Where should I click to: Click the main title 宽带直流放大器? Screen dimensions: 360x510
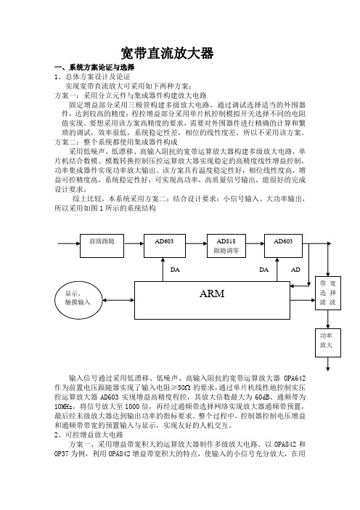[x=168, y=53]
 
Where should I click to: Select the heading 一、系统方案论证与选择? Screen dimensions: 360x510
[x=94, y=68]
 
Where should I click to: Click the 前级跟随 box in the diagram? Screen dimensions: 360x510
[x=102, y=246]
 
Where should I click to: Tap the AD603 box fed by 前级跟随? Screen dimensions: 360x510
[x=165, y=246]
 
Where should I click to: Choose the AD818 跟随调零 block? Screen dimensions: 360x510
[x=226, y=246]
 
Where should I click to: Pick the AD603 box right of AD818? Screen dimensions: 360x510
[x=283, y=246]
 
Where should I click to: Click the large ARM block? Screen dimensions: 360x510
[x=212, y=300]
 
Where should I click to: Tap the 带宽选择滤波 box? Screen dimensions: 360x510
[x=328, y=293]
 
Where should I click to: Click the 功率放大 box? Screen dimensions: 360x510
[x=328, y=343]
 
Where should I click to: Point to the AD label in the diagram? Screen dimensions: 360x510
[x=295, y=270]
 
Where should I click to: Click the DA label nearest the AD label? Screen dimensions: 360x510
[x=263, y=270]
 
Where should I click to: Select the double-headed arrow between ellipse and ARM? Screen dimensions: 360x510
[x=118, y=300]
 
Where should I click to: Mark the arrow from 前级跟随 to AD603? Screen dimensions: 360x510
[x=134, y=243]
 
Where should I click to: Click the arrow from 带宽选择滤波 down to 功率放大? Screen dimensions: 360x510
[x=328, y=319]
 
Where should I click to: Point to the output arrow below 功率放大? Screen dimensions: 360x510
[x=328, y=364]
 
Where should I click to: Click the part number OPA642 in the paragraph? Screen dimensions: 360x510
[x=295, y=379]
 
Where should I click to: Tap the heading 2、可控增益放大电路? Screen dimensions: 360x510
[x=89, y=435]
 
